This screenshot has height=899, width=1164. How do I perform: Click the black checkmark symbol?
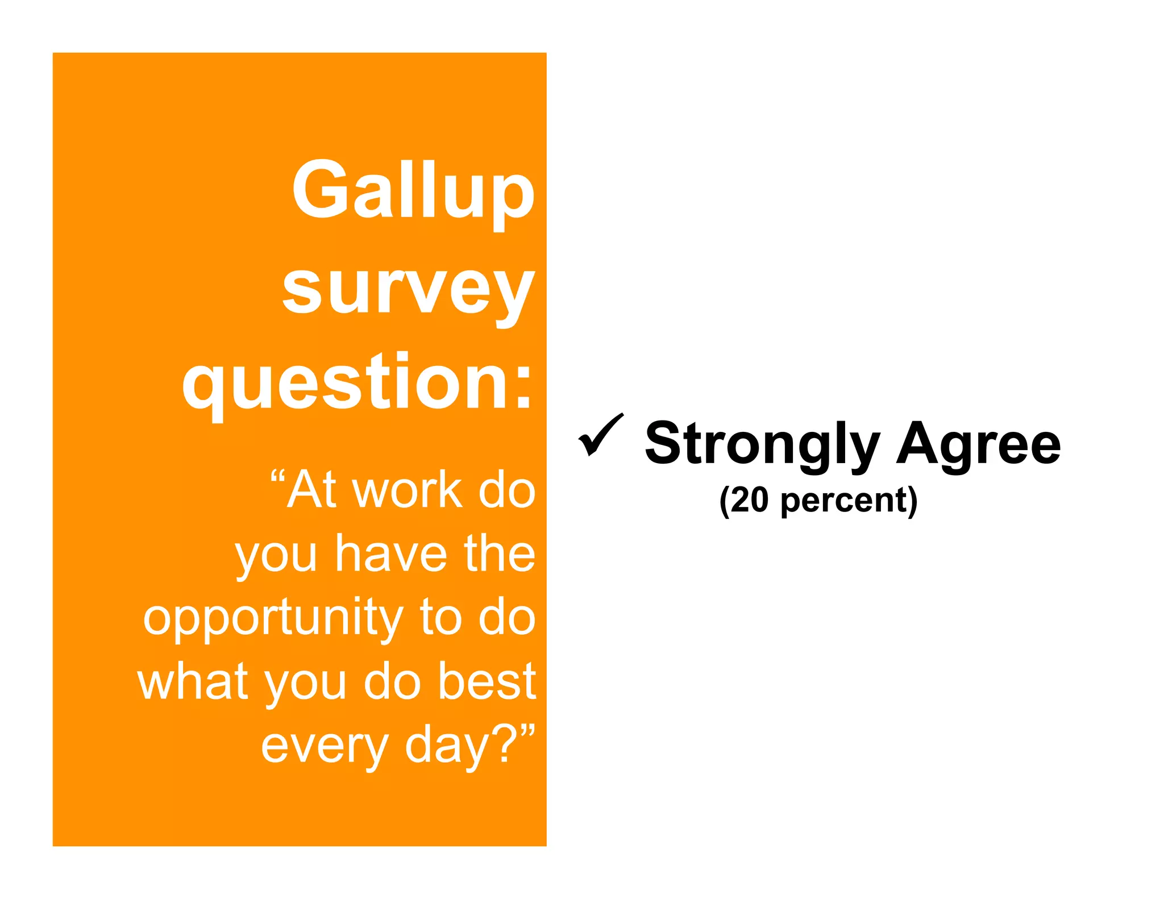tap(600, 435)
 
